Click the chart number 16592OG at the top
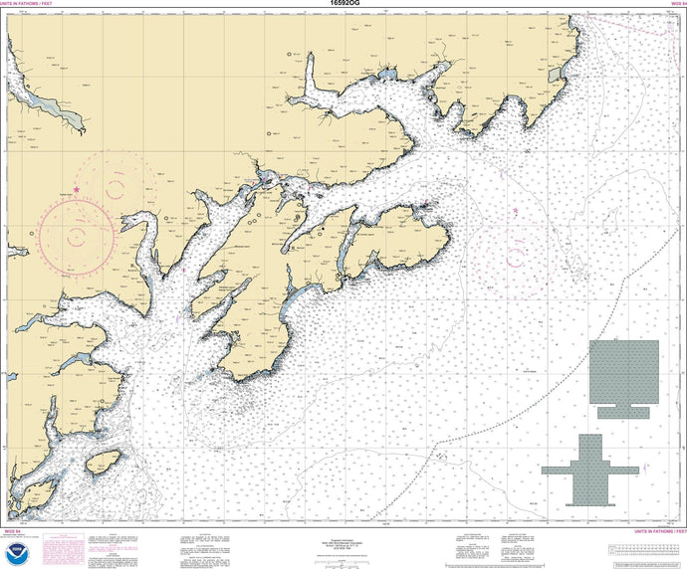(x=343, y=4)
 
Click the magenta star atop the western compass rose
(x=77, y=189)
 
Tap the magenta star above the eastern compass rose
(x=515, y=211)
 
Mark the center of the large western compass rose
(x=77, y=234)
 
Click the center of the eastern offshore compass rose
(x=515, y=249)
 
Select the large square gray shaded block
(x=623, y=371)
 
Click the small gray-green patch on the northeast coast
(x=553, y=75)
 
